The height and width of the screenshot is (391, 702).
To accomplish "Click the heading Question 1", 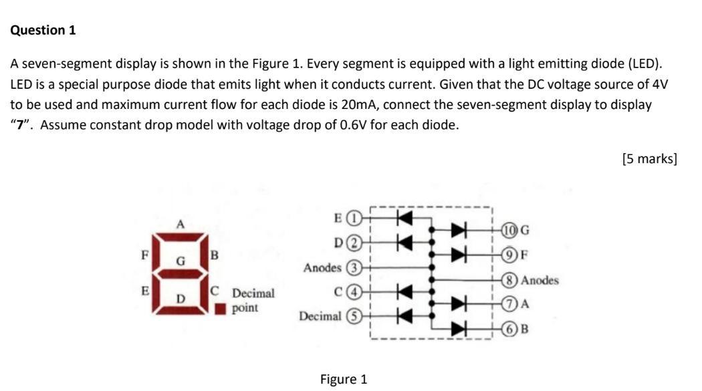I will (43, 30).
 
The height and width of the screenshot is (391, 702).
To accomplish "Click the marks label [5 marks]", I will (649, 158).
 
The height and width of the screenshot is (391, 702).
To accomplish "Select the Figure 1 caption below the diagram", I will (344, 379).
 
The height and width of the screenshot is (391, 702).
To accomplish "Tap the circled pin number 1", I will (357, 217).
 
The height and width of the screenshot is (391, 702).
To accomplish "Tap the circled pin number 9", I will (511, 254).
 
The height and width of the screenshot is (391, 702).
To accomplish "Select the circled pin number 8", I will (511, 280).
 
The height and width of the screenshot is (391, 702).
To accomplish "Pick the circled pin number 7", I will (511, 304).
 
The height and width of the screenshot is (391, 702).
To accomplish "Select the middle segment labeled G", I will (180, 273).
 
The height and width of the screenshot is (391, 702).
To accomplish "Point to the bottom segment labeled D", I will (180, 309).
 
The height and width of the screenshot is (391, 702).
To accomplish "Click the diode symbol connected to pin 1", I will (403, 217).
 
